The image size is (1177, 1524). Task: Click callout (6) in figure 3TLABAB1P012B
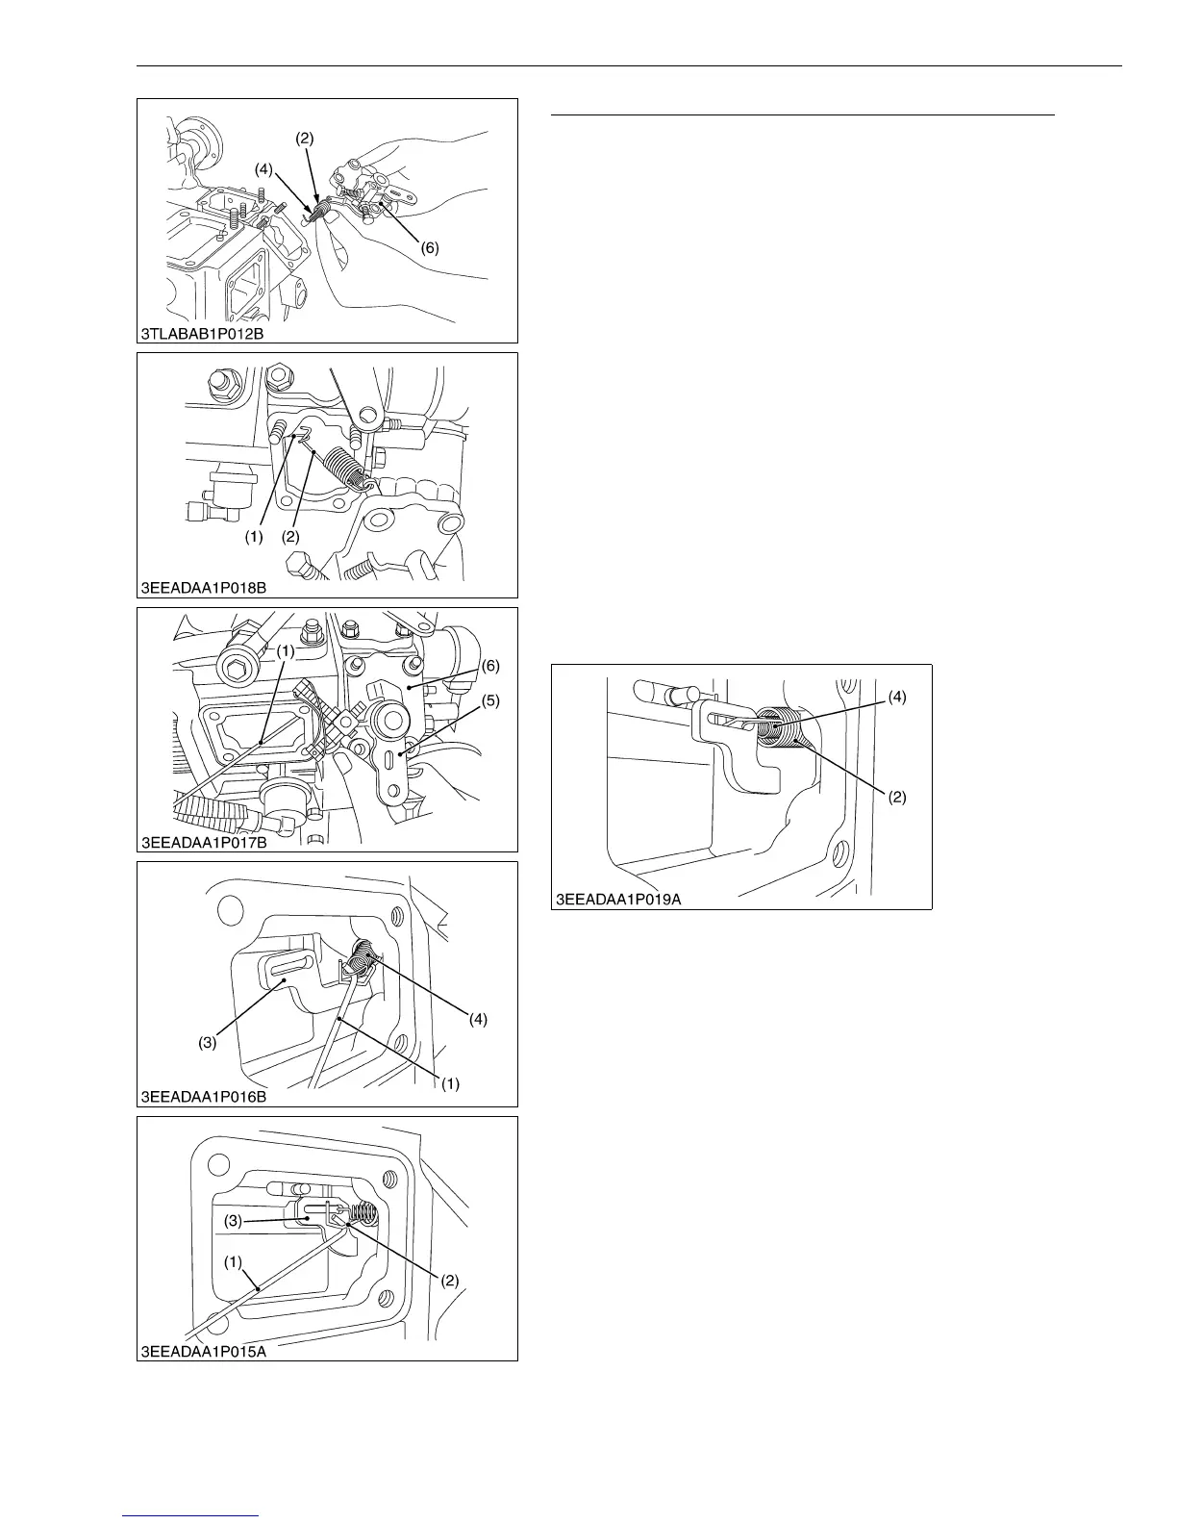coord(429,247)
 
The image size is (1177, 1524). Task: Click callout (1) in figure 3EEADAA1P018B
coord(254,538)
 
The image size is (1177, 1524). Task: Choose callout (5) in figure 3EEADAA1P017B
coord(490,701)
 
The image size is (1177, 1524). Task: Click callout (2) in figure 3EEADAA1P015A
coord(449,1281)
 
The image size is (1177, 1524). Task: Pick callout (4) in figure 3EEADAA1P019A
coord(896,695)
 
